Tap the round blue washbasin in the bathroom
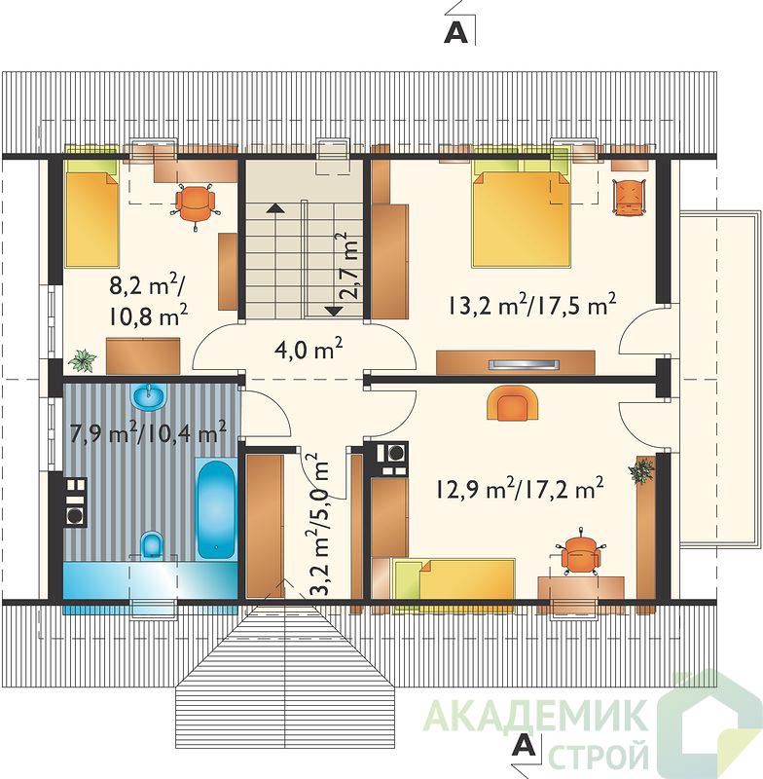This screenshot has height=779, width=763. pyautogui.click(x=149, y=397)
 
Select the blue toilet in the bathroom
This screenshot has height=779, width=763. pyautogui.click(x=153, y=544)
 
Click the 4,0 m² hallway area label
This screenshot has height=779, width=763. pyautogui.click(x=309, y=349)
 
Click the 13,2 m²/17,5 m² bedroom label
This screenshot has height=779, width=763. pyautogui.click(x=531, y=305)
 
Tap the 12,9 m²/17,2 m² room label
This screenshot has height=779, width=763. pyautogui.click(x=520, y=489)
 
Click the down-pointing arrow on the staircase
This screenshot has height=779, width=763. pyautogui.click(x=335, y=311)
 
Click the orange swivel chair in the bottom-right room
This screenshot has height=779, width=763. pyautogui.click(x=579, y=553)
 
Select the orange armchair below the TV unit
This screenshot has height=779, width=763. pyautogui.click(x=513, y=402)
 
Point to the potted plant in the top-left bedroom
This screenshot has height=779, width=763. pyautogui.click(x=83, y=360)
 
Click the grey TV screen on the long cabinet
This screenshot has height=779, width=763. pyautogui.click(x=525, y=364)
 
